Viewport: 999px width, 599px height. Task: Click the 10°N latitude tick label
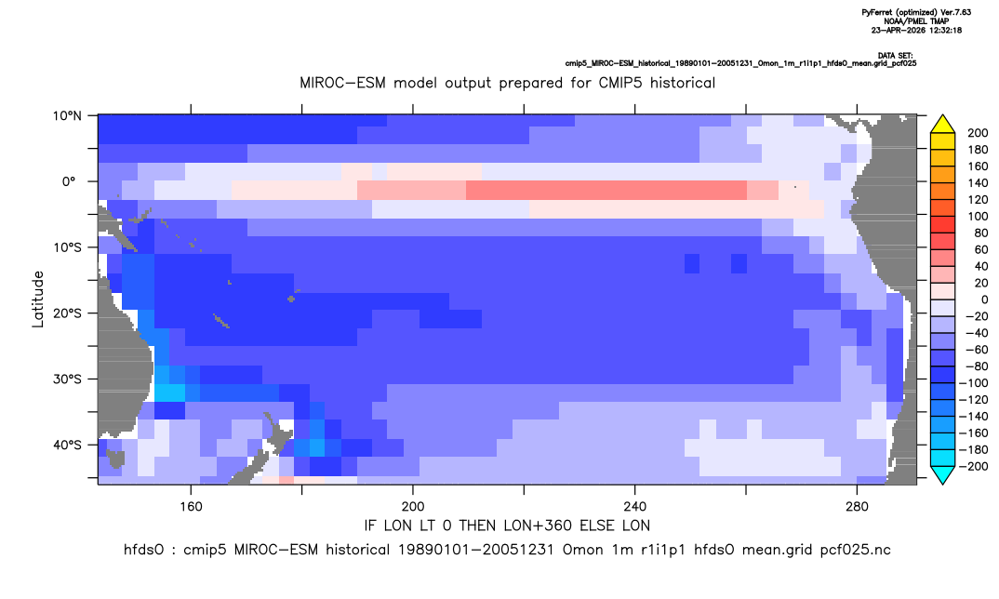66,115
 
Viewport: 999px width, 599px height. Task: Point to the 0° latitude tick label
69,181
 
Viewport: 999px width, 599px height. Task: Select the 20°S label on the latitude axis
66,313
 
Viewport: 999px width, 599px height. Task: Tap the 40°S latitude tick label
66,445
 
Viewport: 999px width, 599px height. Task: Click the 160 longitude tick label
191,507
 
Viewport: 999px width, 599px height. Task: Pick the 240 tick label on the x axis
635,507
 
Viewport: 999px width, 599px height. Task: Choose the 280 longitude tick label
857,507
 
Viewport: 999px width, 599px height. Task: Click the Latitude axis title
38,299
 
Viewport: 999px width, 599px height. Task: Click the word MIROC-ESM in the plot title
343,83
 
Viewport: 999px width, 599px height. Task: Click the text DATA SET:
895,56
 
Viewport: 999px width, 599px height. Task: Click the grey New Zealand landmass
261,449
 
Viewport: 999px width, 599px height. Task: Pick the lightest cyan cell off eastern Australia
169,393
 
